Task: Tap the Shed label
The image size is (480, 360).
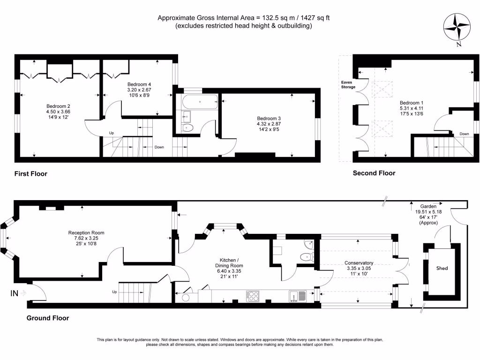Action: click(x=442, y=268)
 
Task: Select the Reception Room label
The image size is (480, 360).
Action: click(x=86, y=232)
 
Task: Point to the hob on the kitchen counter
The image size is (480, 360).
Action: click(x=254, y=296)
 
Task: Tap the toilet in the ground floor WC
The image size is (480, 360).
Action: click(x=307, y=256)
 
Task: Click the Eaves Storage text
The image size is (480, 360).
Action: click(x=348, y=84)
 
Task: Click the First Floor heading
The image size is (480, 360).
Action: click(x=30, y=174)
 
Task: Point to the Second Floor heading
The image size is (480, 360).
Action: click(x=374, y=173)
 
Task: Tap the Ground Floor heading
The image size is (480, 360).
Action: click(x=47, y=318)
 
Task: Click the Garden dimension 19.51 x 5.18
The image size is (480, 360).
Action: click(x=428, y=211)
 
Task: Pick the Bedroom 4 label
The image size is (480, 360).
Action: click(x=140, y=84)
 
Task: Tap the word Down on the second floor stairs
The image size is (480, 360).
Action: click(x=464, y=134)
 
